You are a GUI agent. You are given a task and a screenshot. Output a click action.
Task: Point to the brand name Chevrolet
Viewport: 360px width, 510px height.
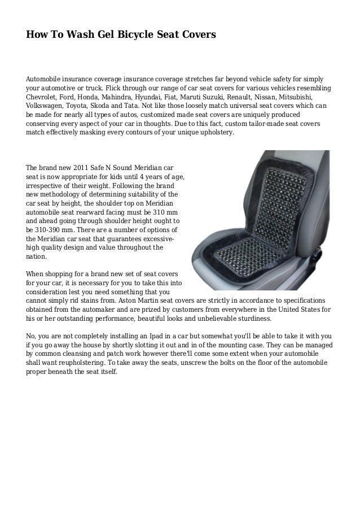45,97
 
